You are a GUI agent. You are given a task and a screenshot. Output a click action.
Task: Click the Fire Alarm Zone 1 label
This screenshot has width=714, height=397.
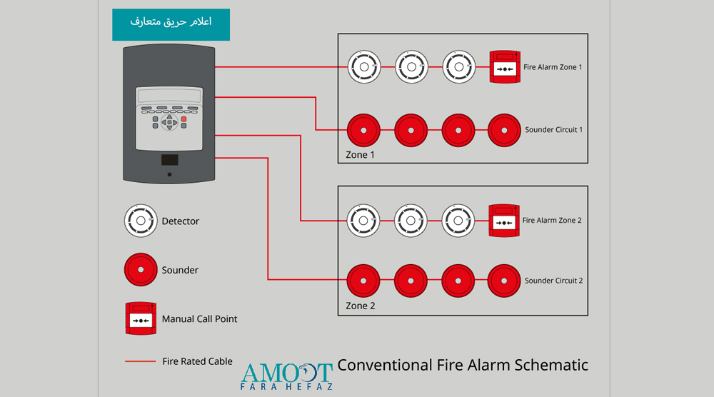coord(553,67)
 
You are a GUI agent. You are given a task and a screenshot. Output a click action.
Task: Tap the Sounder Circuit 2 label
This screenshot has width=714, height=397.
coord(554,281)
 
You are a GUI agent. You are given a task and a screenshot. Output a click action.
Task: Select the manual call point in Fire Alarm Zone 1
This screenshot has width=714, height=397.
coord(506,67)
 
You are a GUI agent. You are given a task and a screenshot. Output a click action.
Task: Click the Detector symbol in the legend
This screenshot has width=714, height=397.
coord(141,221)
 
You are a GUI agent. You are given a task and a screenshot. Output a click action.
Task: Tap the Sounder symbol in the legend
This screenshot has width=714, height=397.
coord(141,271)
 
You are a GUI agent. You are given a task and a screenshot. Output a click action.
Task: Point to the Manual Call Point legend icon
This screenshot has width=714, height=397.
coord(141,318)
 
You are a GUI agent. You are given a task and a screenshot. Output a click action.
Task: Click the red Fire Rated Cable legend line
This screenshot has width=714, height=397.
coord(141,362)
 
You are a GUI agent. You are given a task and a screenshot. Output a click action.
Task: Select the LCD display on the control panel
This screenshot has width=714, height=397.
coord(169,96)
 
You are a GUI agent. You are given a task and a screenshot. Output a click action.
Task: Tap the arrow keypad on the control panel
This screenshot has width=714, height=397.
coord(169,123)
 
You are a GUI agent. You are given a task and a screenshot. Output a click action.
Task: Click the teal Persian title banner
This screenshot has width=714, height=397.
coord(171,24)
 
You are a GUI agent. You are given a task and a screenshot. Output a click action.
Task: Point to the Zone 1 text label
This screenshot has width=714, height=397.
coord(360,155)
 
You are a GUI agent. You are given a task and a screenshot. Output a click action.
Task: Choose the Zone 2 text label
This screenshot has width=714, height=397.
coord(360,306)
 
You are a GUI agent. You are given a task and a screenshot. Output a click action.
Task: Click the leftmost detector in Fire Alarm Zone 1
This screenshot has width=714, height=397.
coord(363,68)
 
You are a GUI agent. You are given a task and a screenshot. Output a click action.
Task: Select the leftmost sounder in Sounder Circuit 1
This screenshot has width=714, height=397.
coord(363,130)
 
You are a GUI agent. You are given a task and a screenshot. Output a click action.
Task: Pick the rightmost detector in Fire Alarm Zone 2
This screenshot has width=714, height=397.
coord(458,221)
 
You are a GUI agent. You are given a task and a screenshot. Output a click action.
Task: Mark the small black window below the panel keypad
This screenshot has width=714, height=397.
coord(169,160)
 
